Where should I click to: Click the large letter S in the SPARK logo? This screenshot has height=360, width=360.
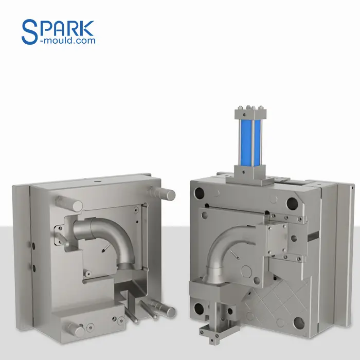[30, 32]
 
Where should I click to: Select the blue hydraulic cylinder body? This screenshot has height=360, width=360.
[250, 142]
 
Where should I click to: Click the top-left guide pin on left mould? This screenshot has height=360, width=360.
[69, 203]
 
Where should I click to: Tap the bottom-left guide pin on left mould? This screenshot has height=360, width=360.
[74, 329]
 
